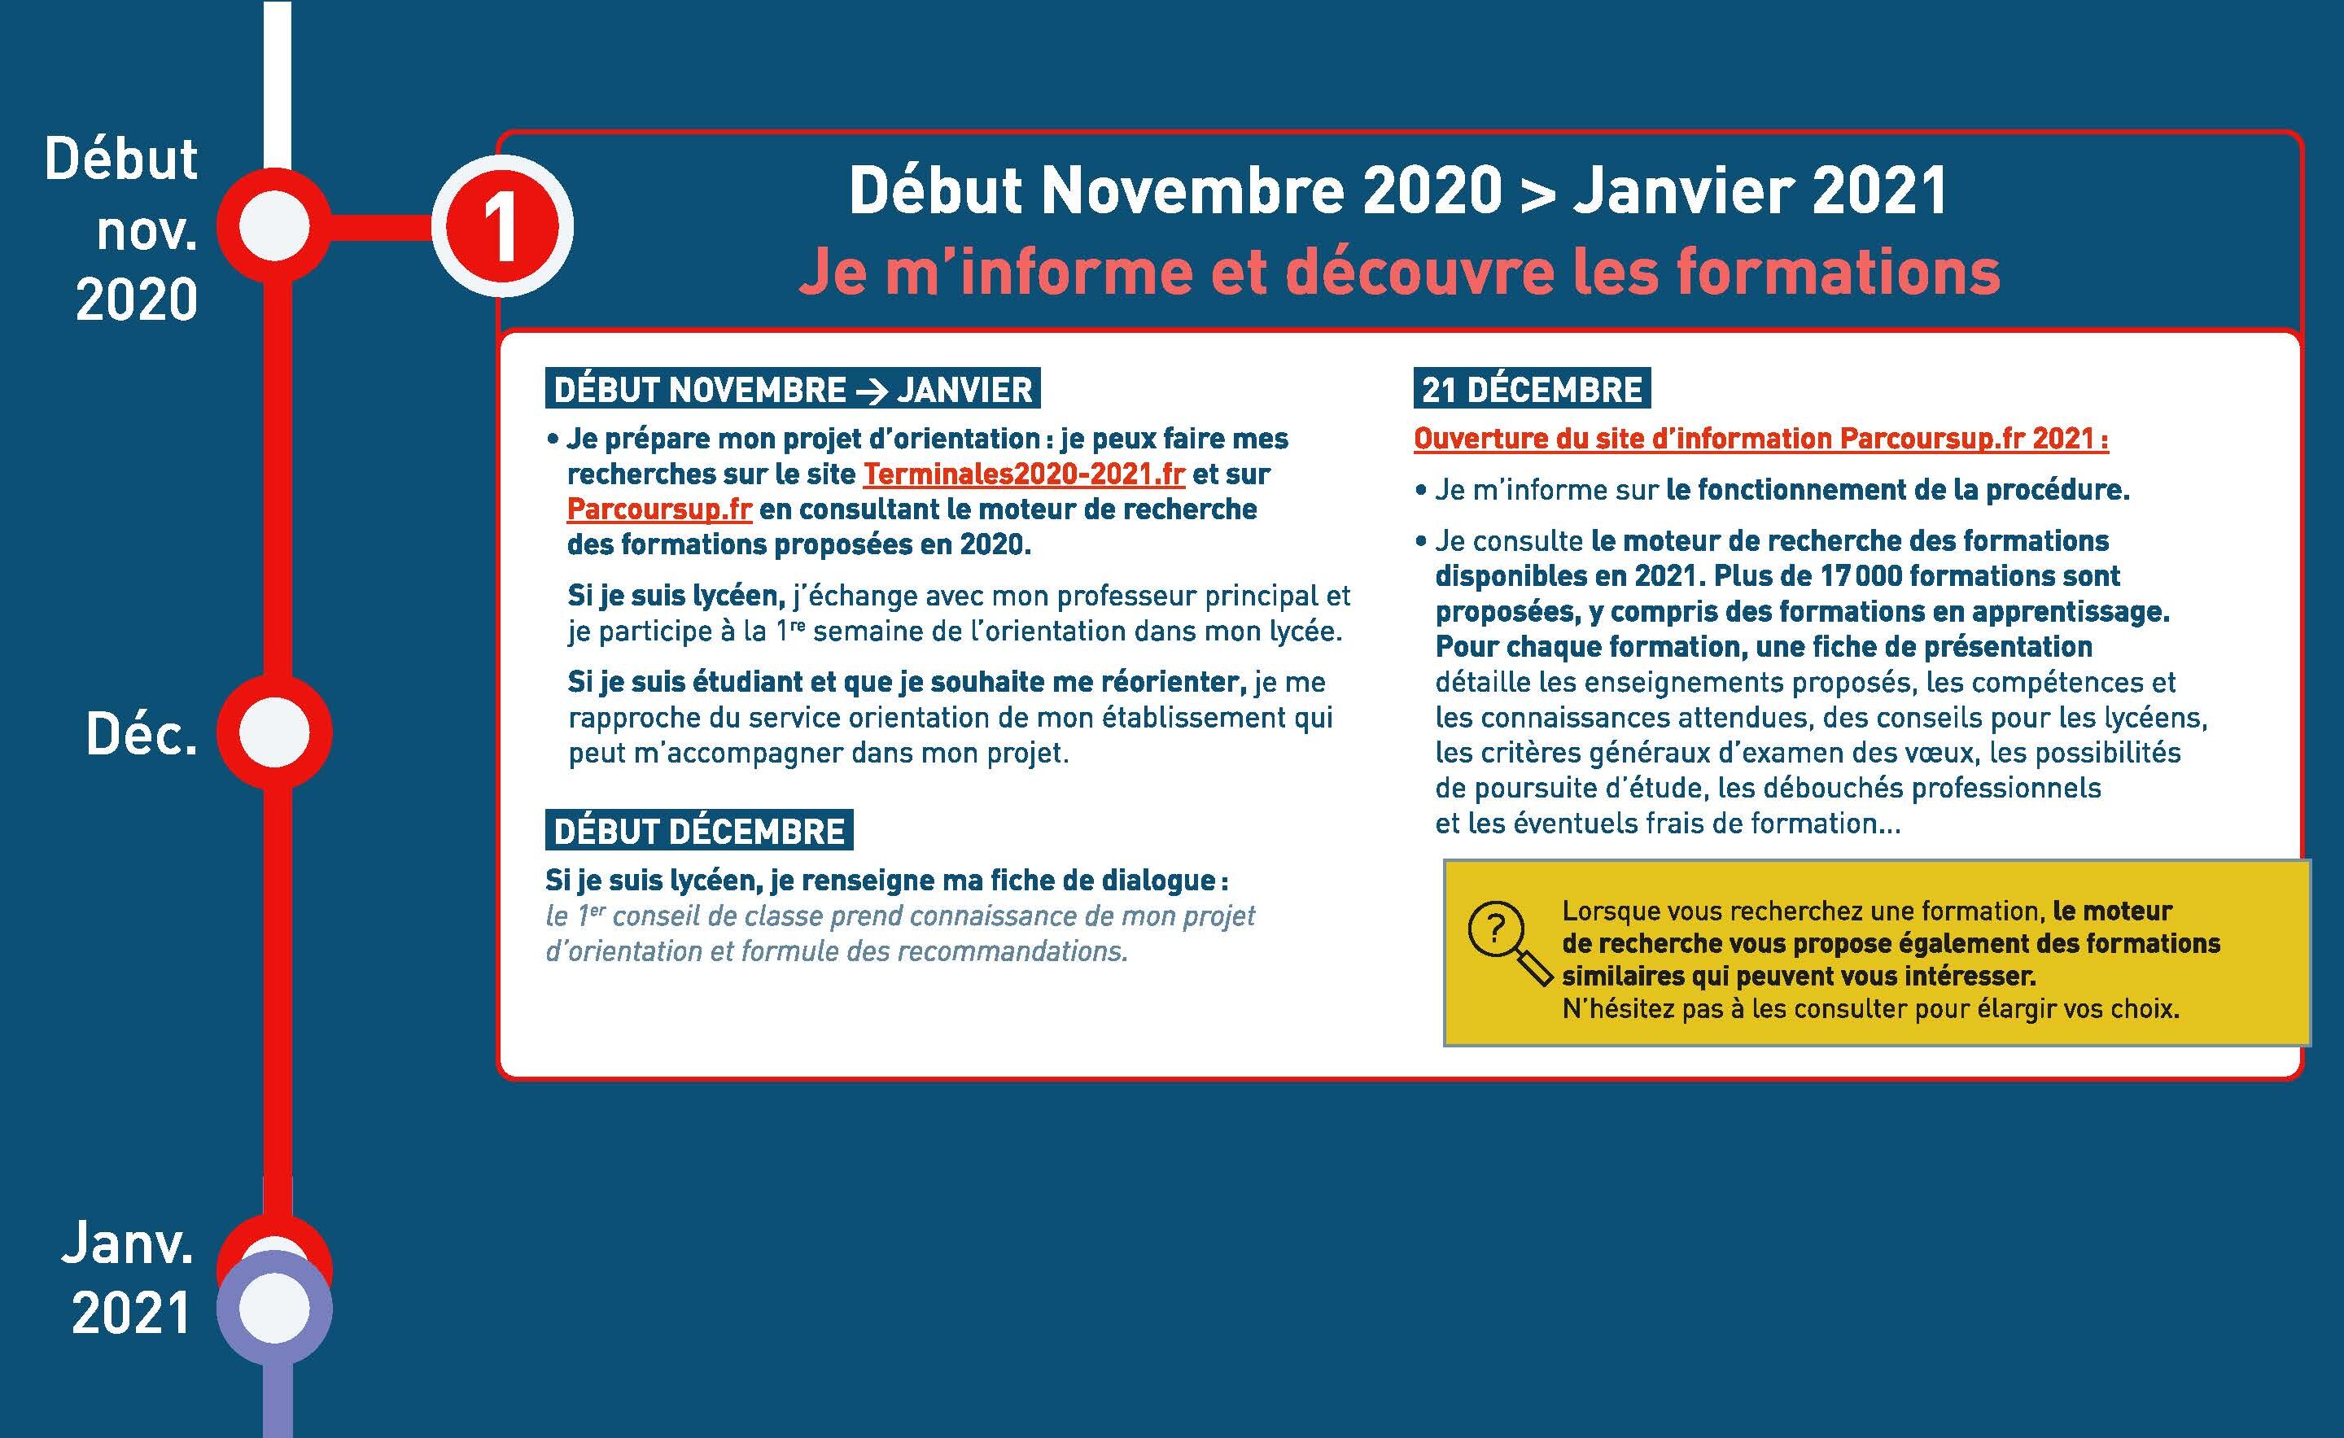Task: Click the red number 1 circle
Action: (x=501, y=226)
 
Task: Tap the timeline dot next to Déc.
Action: (x=274, y=732)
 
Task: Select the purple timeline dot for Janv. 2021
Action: (x=274, y=1309)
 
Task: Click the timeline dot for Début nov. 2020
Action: (x=274, y=226)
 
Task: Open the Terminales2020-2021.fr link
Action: (x=1024, y=474)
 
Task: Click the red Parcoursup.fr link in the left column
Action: (x=659, y=509)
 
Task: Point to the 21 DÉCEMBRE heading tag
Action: (x=1532, y=389)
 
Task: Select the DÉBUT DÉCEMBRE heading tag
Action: (x=699, y=830)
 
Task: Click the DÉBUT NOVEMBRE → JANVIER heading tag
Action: (x=793, y=389)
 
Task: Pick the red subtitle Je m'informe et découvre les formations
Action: (x=1398, y=272)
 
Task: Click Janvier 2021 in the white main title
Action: (x=1760, y=190)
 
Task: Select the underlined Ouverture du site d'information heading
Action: (x=1760, y=439)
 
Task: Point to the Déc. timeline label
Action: (x=142, y=734)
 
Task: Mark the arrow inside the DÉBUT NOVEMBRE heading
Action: (x=870, y=390)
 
